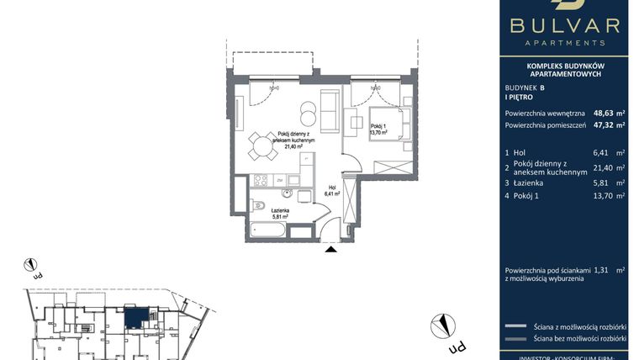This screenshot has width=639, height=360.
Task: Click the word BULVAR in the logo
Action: point(564,26)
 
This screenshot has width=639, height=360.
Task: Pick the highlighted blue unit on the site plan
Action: point(134,317)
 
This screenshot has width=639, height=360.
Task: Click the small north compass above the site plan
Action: point(31,265)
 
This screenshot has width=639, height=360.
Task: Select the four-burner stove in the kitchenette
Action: point(261,179)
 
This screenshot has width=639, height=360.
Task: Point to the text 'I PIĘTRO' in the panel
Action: point(520,98)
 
